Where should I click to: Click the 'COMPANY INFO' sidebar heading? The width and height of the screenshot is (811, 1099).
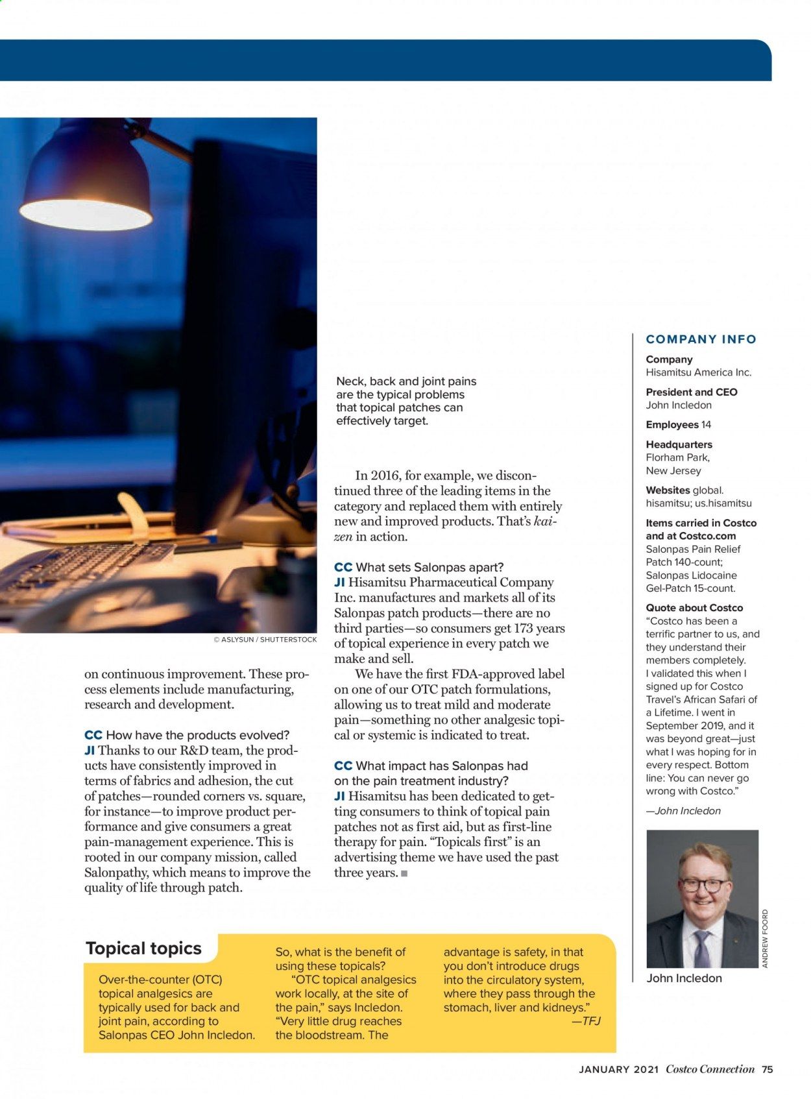tap(701, 339)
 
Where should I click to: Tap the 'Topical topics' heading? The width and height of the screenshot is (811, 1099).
tap(143, 948)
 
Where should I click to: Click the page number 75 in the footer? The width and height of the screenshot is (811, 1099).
tap(768, 1069)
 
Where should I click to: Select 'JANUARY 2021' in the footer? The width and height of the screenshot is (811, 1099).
tap(618, 1070)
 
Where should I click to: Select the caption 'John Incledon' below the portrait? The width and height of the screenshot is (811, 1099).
tap(684, 978)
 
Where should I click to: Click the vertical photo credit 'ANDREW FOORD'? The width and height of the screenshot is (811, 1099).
tap(765, 938)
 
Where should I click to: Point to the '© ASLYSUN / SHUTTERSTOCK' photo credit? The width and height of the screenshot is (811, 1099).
tap(265, 640)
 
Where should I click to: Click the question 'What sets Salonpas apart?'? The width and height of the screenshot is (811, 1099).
tap(430, 567)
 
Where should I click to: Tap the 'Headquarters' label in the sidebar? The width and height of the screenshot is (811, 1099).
tap(679, 444)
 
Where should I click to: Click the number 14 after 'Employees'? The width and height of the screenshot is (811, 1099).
tap(706, 425)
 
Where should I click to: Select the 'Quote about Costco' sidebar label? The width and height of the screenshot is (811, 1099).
tap(694, 608)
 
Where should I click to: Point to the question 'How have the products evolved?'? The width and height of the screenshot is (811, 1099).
tap(197, 735)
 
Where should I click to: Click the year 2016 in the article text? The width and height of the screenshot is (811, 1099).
tap(385, 476)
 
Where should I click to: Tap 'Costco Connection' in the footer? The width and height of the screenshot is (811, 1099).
tap(710, 1070)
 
